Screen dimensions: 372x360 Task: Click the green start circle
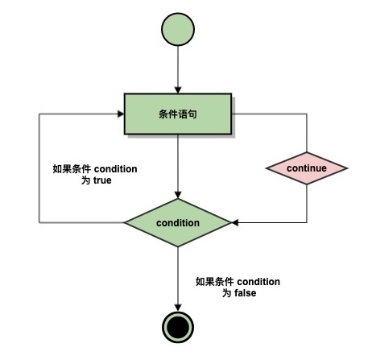(x=178, y=29)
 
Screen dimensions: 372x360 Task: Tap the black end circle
(x=178, y=327)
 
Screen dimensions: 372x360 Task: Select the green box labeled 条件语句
(x=178, y=114)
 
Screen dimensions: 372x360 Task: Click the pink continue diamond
(x=307, y=168)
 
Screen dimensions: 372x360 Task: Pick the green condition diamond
(x=178, y=222)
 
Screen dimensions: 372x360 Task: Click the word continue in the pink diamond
(x=307, y=168)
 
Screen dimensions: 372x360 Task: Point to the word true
(x=102, y=180)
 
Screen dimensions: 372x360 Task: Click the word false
(x=245, y=293)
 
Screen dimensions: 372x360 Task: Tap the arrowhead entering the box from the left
(x=121, y=114)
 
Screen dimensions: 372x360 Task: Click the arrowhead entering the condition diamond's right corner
(x=235, y=222)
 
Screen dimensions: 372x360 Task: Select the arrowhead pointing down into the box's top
(x=178, y=90)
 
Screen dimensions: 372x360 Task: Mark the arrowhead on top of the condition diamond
(x=178, y=195)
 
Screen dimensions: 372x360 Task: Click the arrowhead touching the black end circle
(x=178, y=308)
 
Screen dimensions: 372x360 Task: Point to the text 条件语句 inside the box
(x=178, y=114)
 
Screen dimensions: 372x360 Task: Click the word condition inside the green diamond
(x=178, y=223)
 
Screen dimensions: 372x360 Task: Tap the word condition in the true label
(x=116, y=169)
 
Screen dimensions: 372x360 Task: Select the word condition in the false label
(x=258, y=282)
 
